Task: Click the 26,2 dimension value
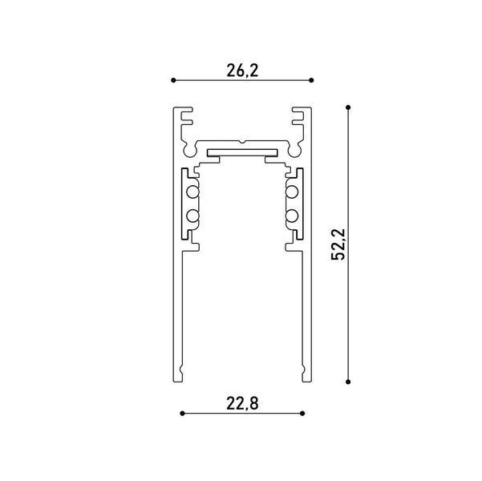242,71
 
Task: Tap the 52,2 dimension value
338,245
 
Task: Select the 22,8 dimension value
242,403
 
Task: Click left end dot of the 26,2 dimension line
173,80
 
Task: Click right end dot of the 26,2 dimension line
311,80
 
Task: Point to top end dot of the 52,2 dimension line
348,107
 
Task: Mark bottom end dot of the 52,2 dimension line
348,382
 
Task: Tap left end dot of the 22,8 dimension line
182,414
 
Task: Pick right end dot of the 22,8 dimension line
302,414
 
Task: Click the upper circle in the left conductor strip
192,192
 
